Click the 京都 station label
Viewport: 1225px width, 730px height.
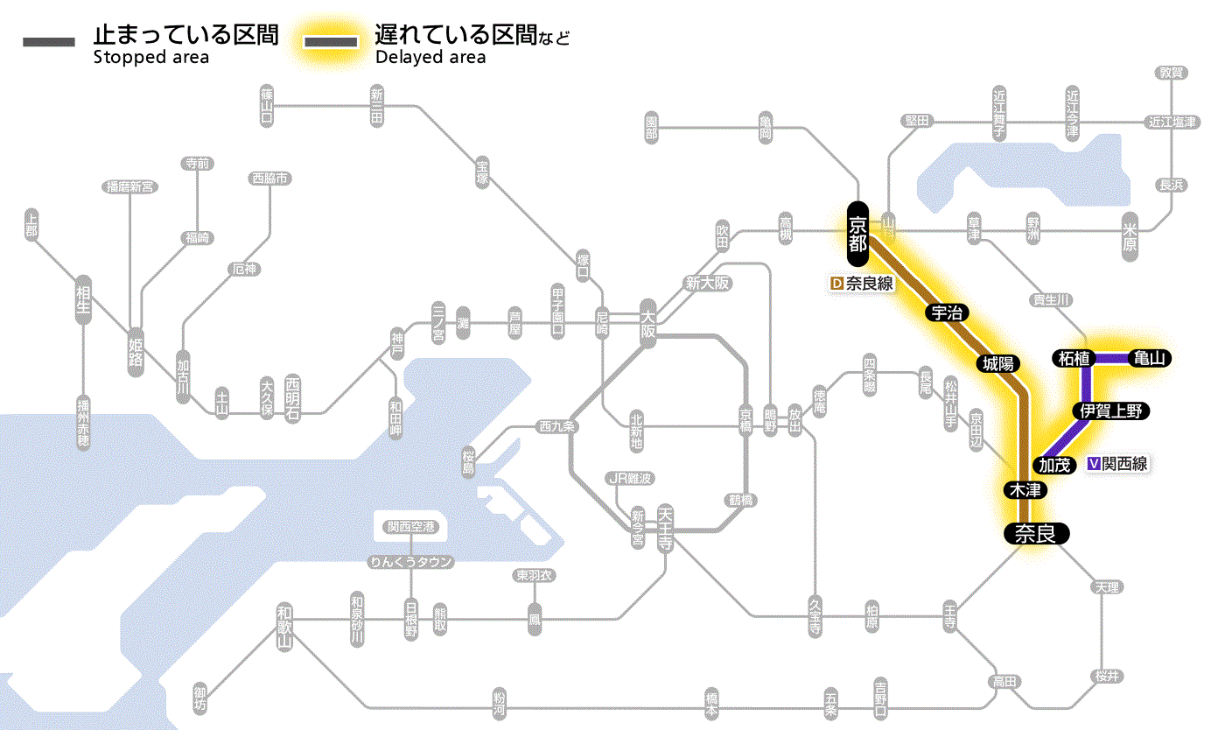point(857,234)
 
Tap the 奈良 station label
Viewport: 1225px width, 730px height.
point(1035,533)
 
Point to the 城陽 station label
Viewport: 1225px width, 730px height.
point(997,363)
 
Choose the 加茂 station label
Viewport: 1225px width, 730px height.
point(1055,464)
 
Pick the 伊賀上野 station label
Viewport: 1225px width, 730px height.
point(1110,411)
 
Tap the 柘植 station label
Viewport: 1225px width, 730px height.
point(1073,357)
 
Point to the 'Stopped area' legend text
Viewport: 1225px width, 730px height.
point(150,58)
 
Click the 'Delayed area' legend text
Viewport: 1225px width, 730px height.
point(430,58)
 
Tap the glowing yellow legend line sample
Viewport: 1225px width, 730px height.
point(331,42)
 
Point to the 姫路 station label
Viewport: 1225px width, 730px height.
point(136,352)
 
